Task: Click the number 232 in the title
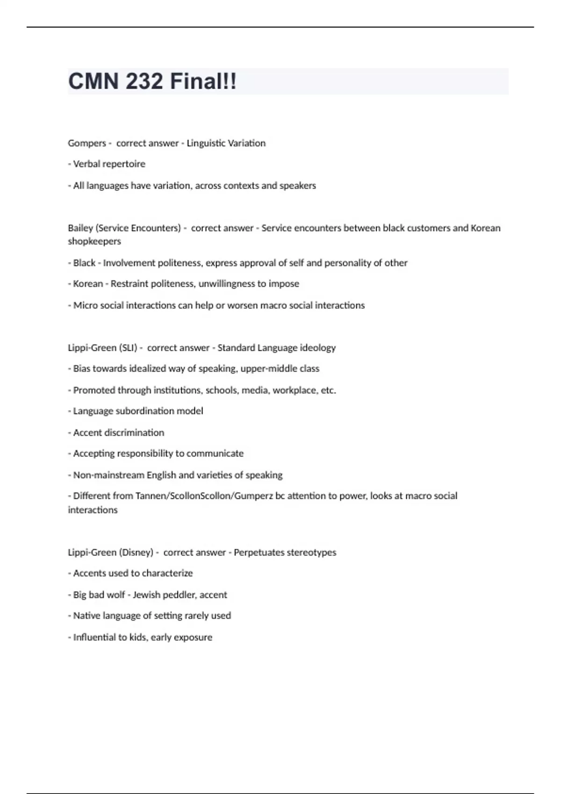[x=144, y=81]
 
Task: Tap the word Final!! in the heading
[x=203, y=81]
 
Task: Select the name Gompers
[x=87, y=143]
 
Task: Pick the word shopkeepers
[x=94, y=241]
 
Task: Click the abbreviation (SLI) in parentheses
[x=128, y=348]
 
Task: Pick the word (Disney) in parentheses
[x=136, y=553]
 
